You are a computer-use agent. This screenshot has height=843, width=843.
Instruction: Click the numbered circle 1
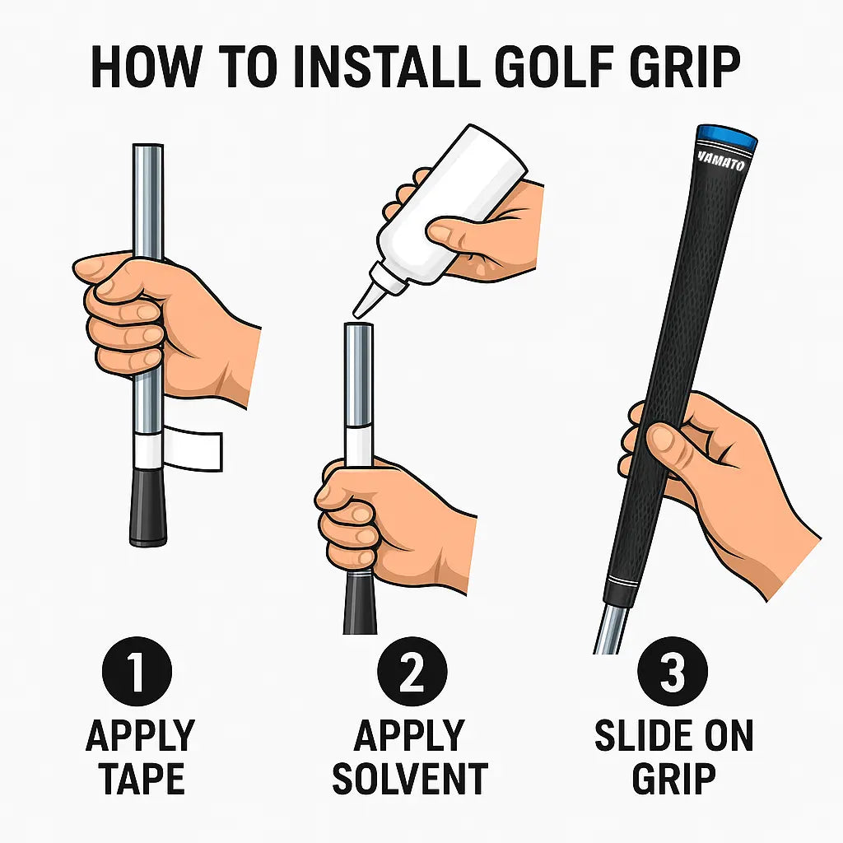click(137, 672)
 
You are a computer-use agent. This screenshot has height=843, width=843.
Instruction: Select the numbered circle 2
click(411, 672)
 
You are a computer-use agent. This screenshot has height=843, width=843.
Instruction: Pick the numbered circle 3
click(673, 672)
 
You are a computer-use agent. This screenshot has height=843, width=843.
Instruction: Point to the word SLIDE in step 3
click(635, 736)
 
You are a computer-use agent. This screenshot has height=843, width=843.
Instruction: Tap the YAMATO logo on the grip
click(721, 162)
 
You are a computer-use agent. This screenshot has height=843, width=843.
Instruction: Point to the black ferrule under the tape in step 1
click(148, 507)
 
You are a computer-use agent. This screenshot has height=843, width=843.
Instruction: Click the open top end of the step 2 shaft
click(357, 328)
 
